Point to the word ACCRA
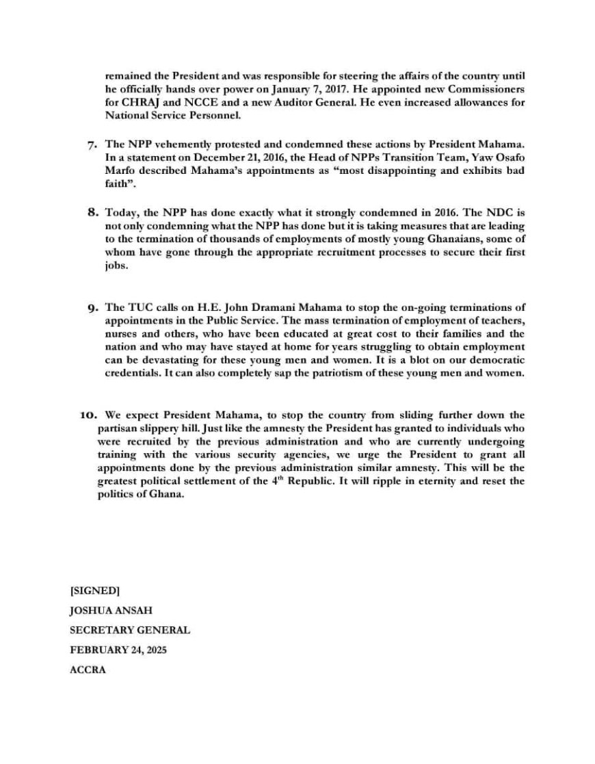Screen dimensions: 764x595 pyautogui.click(x=88, y=670)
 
